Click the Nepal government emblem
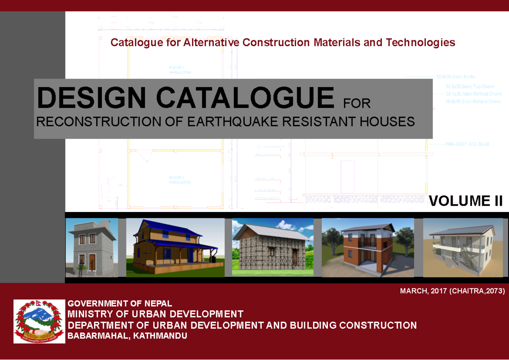(39, 321)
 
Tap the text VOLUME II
(466, 201)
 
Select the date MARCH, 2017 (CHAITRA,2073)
(452, 291)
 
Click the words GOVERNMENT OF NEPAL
(120, 303)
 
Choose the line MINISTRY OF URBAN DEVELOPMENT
(156, 314)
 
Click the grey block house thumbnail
(92, 248)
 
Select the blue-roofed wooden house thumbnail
(175, 248)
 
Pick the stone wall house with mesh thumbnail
(273, 248)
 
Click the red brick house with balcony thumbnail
(368, 248)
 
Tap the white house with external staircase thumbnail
(463, 248)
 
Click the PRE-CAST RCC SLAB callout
(467, 145)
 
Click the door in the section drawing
(348, 176)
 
